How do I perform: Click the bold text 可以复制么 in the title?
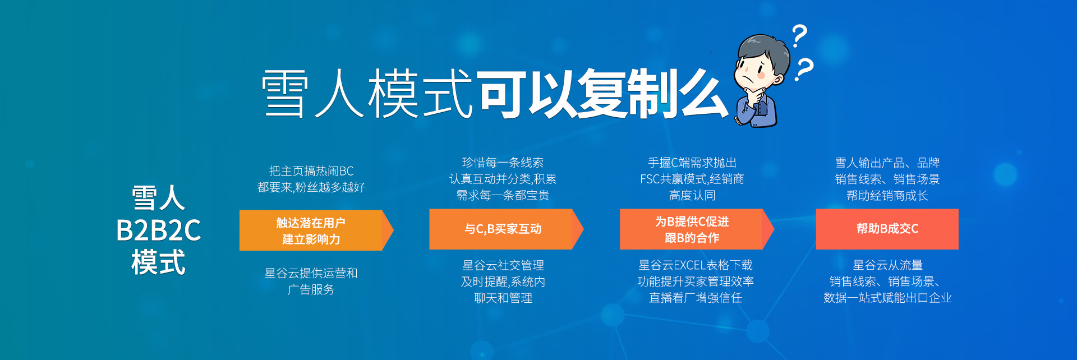tap(602, 94)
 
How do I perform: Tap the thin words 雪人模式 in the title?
tap(367, 94)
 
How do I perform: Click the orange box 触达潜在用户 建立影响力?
tap(316, 230)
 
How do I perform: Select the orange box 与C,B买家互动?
tap(507, 229)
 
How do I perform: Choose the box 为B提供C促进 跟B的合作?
tap(697, 229)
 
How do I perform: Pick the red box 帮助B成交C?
tap(887, 229)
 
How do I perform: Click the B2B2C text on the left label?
tap(158, 230)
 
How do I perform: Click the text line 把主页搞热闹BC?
tap(311, 171)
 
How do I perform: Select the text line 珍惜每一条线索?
tap(503, 163)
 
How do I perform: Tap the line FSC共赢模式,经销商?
tap(692, 179)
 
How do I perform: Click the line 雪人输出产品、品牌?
tap(887, 163)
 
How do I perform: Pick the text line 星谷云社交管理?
tap(503, 265)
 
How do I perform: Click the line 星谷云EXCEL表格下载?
tap(696, 265)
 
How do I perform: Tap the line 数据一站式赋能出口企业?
tap(887, 298)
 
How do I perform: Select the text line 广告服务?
tap(311, 289)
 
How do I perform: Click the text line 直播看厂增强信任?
tap(696, 298)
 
